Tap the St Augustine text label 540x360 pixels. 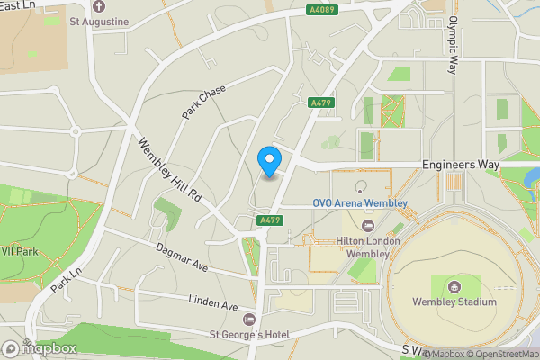click(x=99, y=20)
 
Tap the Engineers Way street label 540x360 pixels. click(x=461, y=166)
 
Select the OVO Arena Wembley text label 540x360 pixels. click(x=360, y=203)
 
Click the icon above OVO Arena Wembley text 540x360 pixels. click(x=360, y=188)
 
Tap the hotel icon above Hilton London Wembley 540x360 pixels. click(x=367, y=226)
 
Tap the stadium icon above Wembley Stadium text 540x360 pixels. click(x=454, y=286)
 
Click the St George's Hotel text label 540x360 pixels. click(x=249, y=335)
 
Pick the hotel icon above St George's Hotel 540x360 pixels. click(x=249, y=319)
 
